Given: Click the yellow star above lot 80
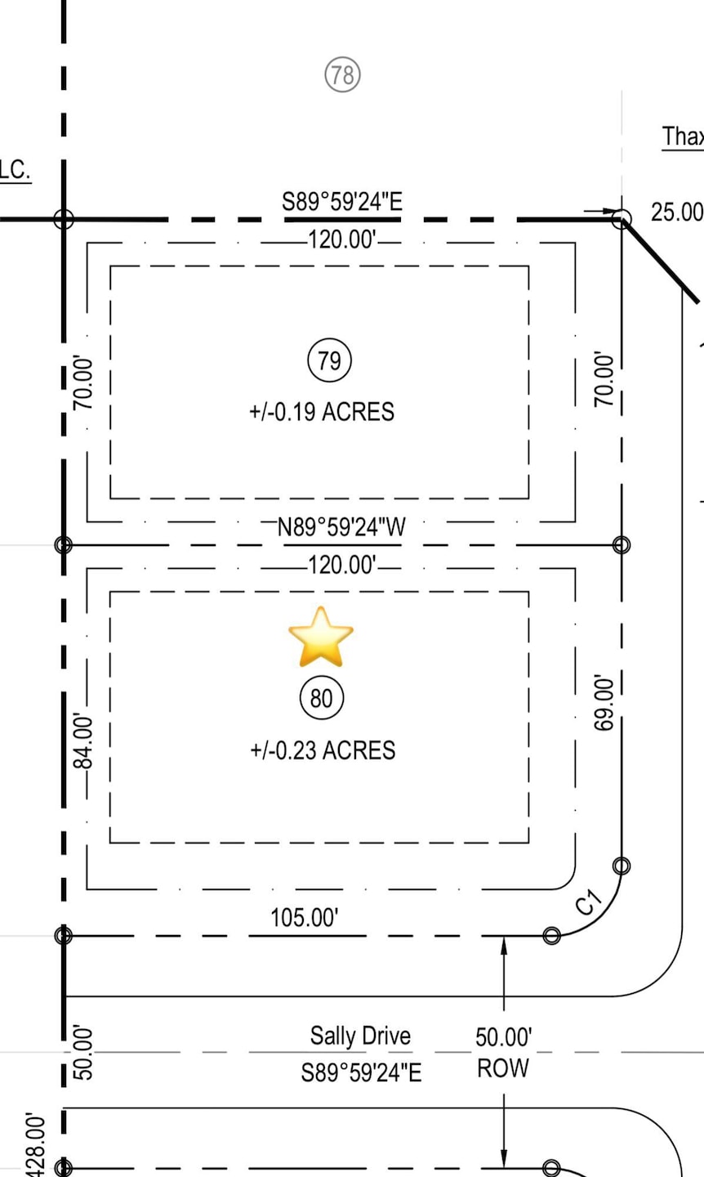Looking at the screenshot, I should coord(321,637).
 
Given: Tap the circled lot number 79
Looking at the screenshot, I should coord(329,361).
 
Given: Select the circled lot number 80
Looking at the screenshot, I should coord(322,698).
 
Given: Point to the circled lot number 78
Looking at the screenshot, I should coord(342,75).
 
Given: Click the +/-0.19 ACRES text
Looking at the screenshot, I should coord(322,412).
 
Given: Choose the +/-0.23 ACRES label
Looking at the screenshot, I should coord(323,750).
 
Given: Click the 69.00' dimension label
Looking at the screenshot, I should coord(604,703).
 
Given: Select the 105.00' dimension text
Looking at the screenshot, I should coord(305,917).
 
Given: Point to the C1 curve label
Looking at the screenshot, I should coord(589,902).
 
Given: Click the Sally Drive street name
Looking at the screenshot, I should coord(360,1036).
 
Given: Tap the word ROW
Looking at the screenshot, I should coord(503,1068).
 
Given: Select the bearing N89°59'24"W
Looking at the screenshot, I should coord(341,527).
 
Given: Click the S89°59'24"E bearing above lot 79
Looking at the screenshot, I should coord(342,202).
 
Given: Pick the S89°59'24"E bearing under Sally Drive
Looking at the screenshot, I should coord(361,1072).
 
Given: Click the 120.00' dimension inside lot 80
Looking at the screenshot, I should coord(342,565).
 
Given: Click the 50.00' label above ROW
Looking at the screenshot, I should coord(503,1037).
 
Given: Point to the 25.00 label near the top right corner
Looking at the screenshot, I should coord(676,213).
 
